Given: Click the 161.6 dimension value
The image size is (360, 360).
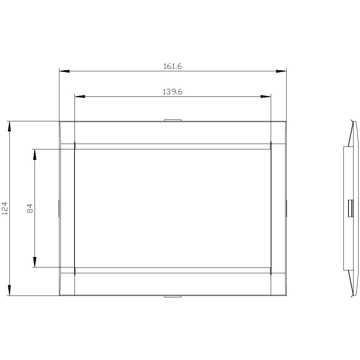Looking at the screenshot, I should click(172, 66).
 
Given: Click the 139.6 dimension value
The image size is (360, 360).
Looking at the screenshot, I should click(172, 92).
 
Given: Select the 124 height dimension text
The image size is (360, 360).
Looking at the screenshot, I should click(5, 208).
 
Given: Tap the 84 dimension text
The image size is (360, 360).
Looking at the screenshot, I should click(30, 208).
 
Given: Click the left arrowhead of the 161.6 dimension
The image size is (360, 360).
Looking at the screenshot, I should click(64, 71).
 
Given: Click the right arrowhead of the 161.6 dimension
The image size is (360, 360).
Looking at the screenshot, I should click(281, 71).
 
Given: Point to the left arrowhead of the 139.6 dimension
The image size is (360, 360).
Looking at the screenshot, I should click(79, 96).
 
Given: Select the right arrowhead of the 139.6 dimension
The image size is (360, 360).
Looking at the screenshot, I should click(266, 96).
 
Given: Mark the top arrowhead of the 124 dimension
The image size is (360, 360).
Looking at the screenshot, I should click(9, 127).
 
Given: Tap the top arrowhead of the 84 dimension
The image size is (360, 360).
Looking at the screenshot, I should click(35, 154).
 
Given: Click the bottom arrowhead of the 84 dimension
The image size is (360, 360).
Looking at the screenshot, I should click(35, 262).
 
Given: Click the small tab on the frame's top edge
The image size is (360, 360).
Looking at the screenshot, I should click(173, 121).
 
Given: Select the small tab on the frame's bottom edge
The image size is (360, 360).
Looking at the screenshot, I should click(173, 297).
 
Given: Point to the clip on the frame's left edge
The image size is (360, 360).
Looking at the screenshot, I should click(59, 208).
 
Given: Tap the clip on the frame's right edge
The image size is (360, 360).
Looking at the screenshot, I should click(287, 208).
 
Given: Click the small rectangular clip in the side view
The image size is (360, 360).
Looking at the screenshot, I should click(350, 208).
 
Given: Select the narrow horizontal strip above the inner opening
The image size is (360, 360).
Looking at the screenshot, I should click(173, 147).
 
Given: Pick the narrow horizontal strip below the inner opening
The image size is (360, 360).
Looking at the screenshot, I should click(173, 270).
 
